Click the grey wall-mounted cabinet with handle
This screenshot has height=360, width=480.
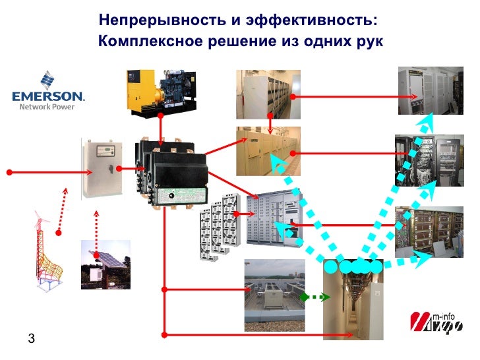pyautogui.click(x=102, y=169)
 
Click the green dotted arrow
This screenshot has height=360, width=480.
pyautogui.click(x=315, y=297)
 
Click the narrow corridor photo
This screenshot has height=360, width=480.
pyautogui.click(x=352, y=304)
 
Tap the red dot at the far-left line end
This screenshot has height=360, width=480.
pyautogui.click(x=9, y=172)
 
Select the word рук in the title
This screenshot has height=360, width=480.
pyautogui.click(x=369, y=42)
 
